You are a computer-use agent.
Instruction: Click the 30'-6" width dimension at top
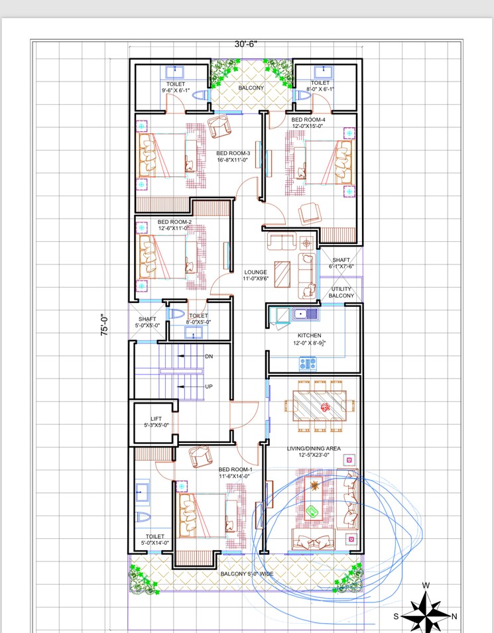[245, 44]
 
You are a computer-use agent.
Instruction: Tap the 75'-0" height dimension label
[105, 325]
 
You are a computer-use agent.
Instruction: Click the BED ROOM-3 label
[232, 156]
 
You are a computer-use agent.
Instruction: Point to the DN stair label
[209, 357]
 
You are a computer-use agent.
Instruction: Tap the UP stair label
[209, 386]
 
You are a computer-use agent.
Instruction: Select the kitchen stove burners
[308, 363]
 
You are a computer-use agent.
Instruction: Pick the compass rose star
[426, 610]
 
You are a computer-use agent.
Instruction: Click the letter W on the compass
[426, 585]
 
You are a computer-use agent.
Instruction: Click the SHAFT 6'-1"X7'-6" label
[341, 263]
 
